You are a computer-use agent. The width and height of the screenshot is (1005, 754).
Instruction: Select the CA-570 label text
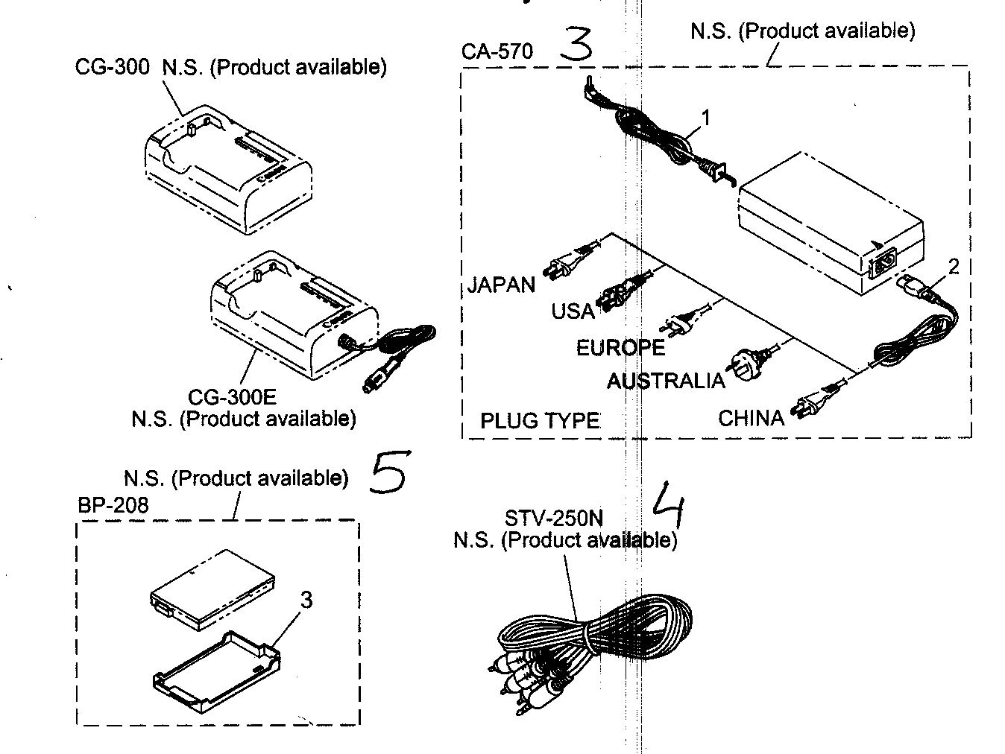(x=497, y=51)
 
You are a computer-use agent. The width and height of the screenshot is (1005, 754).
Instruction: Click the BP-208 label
(x=113, y=505)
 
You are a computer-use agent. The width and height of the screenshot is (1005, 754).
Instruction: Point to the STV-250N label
(x=553, y=517)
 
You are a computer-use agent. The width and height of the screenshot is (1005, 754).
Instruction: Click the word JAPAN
(x=502, y=285)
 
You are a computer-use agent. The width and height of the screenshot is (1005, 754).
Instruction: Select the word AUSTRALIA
(x=665, y=381)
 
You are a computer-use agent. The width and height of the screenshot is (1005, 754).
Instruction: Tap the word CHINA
(x=752, y=418)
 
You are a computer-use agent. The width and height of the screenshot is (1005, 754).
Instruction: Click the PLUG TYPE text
(x=540, y=421)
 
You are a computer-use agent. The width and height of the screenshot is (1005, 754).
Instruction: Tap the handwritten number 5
(x=389, y=472)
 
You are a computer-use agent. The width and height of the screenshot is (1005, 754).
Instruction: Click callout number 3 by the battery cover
(x=306, y=599)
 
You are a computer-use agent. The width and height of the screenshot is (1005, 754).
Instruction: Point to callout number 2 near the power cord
(x=953, y=266)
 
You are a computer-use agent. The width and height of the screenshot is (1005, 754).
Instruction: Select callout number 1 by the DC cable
(x=705, y=117)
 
